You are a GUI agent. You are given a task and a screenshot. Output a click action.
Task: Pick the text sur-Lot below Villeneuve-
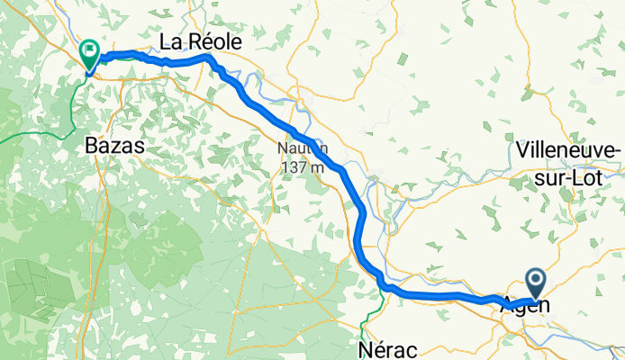coord(569,170)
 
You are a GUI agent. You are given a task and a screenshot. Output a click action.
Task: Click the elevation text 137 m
coord(302,166)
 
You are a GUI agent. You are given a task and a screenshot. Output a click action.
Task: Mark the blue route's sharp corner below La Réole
coord(210,58)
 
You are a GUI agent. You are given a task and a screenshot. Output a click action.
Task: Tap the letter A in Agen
coord(509,307)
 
